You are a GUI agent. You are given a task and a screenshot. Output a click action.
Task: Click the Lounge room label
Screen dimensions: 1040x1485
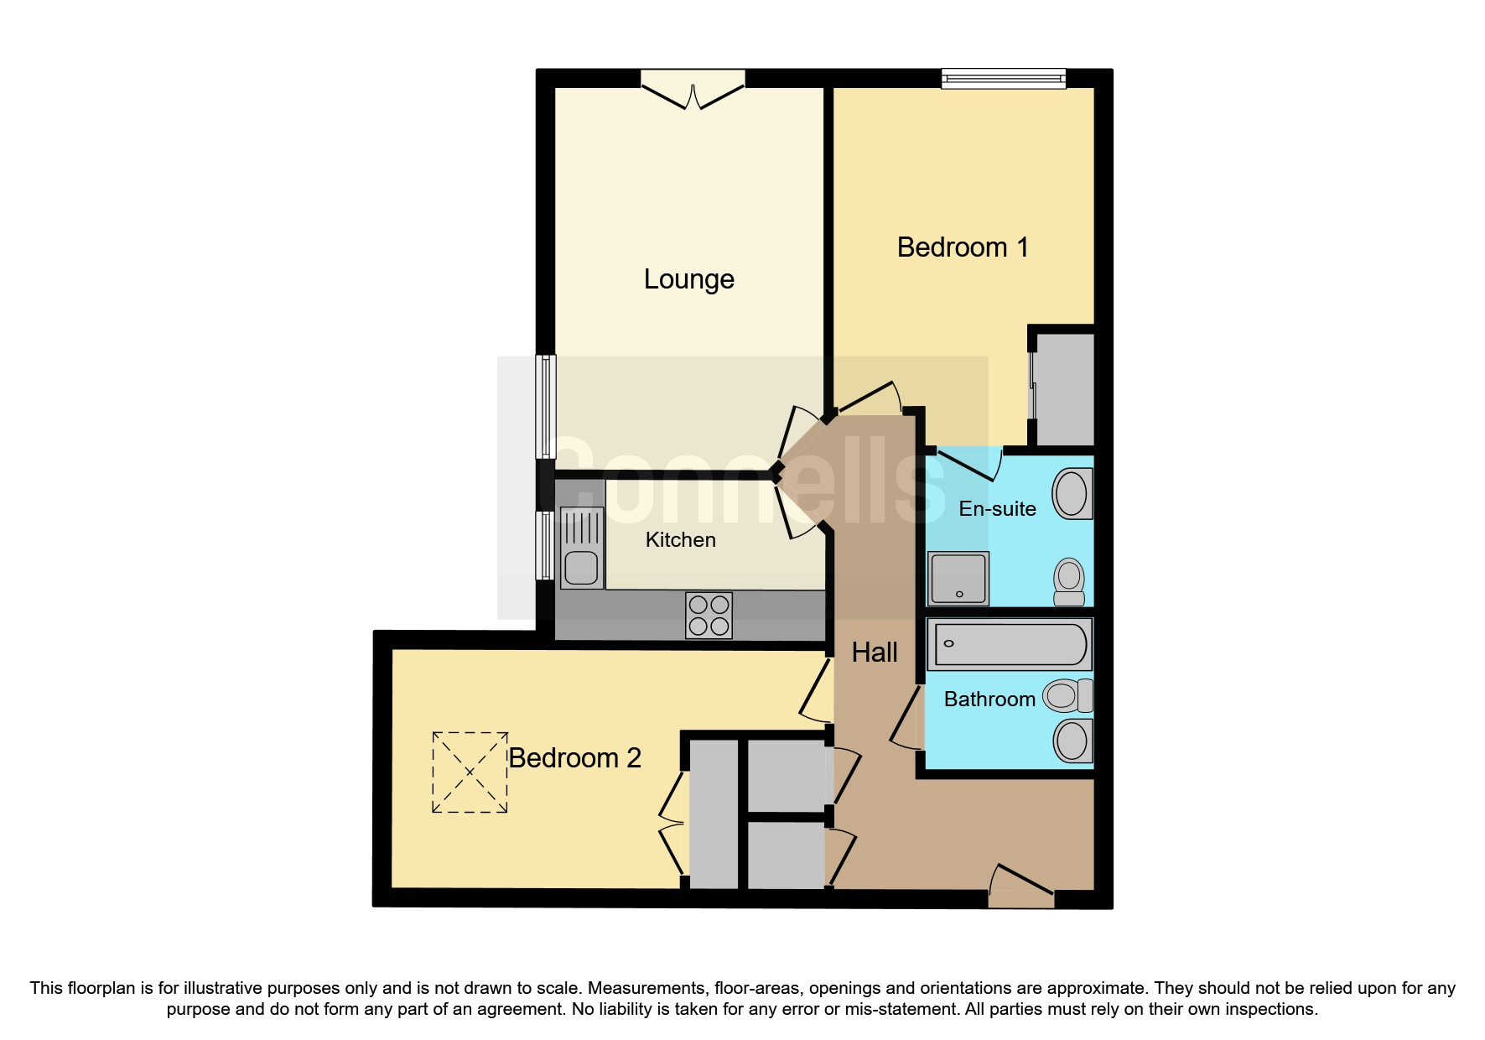click(x=688, y=279)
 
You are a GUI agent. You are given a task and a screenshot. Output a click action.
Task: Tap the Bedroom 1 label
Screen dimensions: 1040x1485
click(x=962, y=247)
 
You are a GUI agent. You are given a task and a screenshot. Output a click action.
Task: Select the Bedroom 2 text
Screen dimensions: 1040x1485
click(x=574, y=758)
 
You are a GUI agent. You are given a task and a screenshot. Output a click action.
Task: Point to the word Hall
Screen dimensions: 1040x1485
click(x=875, y=653)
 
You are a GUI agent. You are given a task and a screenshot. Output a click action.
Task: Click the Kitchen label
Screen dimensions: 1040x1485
click(x=680, y=540)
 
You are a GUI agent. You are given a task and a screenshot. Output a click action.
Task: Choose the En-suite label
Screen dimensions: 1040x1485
click(x=997, y=509)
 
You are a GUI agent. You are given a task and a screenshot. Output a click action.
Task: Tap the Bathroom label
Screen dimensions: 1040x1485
click(x=989, y=699)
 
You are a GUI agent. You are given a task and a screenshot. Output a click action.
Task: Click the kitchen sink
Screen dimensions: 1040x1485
click(x=581, y=568)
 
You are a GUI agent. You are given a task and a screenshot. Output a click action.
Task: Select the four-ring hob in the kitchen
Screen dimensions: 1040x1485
click(x=709, y=616)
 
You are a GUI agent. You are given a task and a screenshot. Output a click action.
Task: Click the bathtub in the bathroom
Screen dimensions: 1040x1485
click(x=1010, y=644)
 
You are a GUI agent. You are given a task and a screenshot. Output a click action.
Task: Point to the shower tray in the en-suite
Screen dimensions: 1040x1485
click(x=958, y=579)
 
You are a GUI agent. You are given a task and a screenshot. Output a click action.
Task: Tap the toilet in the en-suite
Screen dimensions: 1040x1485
click(x=1069, y=581)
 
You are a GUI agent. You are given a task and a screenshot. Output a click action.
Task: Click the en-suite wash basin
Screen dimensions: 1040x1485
click(x=1072, y=494)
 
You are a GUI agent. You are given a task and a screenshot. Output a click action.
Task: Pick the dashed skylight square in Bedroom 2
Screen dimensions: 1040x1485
click(x=470, y=772)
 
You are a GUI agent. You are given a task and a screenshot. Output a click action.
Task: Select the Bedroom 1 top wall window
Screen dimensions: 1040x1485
click(x=1003, y=79)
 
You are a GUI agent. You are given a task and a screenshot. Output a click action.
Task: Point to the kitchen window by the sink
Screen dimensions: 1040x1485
click(x=545, y=545)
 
